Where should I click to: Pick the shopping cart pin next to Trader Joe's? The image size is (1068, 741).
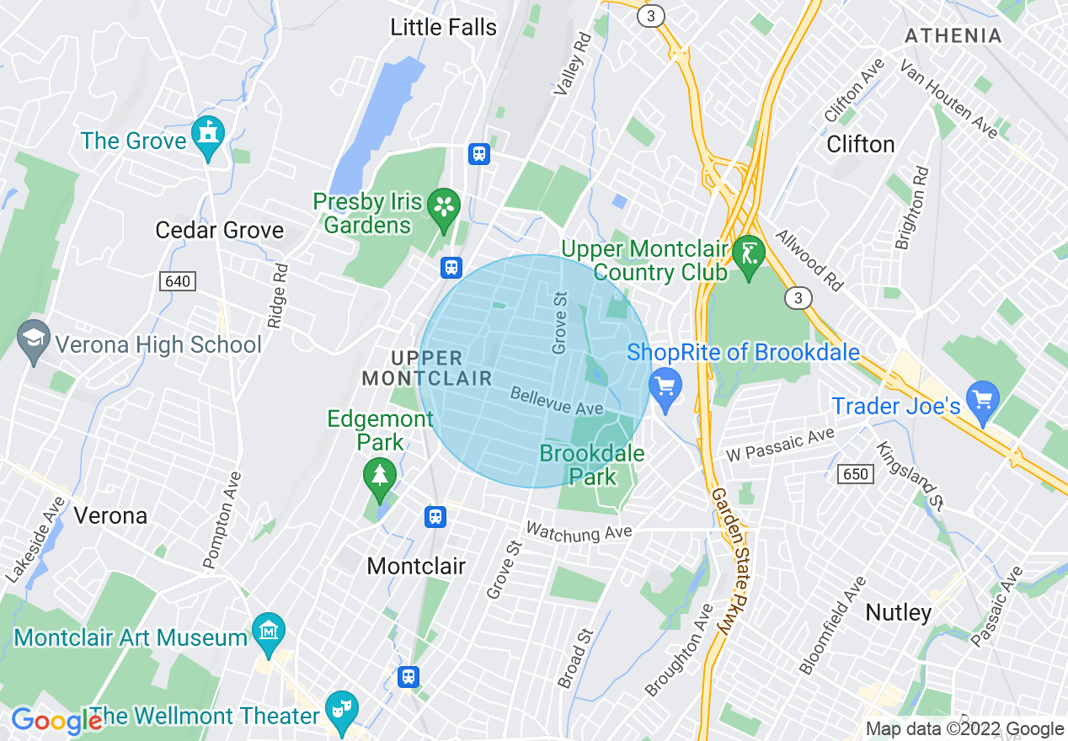(982, 401)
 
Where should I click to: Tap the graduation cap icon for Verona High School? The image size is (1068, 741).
(34, 341)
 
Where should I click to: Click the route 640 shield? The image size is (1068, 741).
(178, 281)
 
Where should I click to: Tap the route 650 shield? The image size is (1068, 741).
(855, 474)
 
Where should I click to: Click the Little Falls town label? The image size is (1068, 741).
(443, 27)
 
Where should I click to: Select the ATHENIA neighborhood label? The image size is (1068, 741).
(953, 36)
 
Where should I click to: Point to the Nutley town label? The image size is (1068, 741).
(899, 612)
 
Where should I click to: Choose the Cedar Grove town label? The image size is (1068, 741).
(220, 230)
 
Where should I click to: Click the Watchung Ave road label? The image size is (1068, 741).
(579, 532)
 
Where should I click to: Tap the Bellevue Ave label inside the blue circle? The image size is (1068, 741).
(557, 402)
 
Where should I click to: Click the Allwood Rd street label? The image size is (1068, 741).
(809, 260)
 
